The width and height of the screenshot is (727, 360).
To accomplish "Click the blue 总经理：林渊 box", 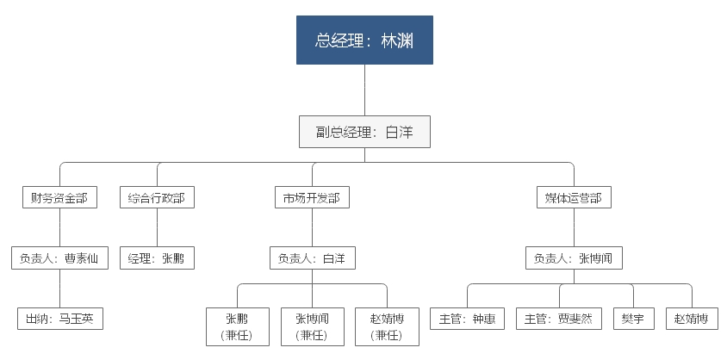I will click(x=364, y=40).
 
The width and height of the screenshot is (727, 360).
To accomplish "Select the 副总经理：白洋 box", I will click(x=364, y=132).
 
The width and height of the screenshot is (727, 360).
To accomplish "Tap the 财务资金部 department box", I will click(x=59, y=197).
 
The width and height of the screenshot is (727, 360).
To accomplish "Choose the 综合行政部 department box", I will click(x=157, y=197).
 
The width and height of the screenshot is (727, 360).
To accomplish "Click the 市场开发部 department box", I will click(x=312, y=197).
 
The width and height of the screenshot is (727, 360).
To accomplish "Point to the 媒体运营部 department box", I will click(x=574, y=197).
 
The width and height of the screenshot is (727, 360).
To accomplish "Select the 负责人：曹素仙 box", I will click(x=59, y=258).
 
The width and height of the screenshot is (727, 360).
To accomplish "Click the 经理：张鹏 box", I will click(x=157, y=258).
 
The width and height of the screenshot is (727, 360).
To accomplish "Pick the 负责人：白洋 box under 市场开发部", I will click(x=312, y=258).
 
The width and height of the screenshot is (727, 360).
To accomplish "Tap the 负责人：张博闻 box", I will click(x=574, y=258).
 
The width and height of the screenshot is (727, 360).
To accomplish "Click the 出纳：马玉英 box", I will click(x=59, y=319).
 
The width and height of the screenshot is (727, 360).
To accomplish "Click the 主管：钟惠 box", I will click(x=467, y=319).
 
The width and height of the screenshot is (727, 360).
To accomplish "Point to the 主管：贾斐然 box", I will click(x=559, y=319).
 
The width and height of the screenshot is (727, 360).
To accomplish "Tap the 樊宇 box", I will click(x=633, y=319).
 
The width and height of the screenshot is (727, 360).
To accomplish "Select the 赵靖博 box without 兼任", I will click(x=692, y=319).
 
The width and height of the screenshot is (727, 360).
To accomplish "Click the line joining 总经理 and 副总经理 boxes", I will click(x=364, y=90).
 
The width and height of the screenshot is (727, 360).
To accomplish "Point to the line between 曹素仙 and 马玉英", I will click(x=59, y=289).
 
